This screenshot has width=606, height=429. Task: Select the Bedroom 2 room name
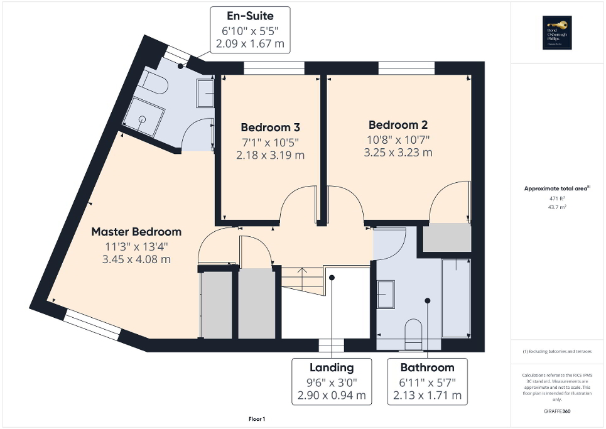[x=399, y=124]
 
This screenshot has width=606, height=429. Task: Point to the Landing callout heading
[x=332, y=367]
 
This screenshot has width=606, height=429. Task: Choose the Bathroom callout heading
[x=427, y=367]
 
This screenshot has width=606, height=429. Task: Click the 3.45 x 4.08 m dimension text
[x=136, y=259]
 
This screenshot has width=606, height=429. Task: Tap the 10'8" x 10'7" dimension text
[x=399, y=139]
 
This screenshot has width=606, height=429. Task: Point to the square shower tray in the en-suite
[x=144, y=117]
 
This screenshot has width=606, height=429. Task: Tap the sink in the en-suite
[x=205, y=93]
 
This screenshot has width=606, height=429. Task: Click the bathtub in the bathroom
[x=455, y=297]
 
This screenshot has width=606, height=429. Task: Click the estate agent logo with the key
[x=556, y=32]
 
